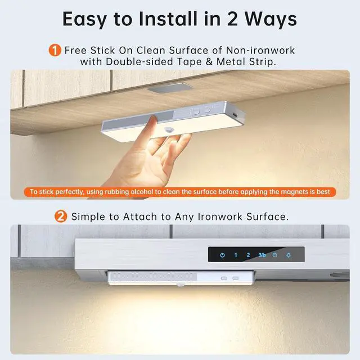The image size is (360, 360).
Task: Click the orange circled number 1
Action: coord(55,51)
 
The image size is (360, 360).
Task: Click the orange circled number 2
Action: coord(61,217)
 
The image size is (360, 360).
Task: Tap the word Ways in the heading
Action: coord(269,19)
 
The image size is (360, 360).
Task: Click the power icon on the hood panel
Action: coord(222,255)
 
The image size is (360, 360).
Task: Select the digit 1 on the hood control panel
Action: coord(236,255)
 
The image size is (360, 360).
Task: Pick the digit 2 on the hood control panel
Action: coord(248,255)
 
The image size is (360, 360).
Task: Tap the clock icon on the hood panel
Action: coord(274,255)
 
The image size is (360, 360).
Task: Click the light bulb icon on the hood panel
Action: coord(288,255)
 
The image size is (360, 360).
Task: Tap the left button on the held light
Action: coord(196,112)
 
